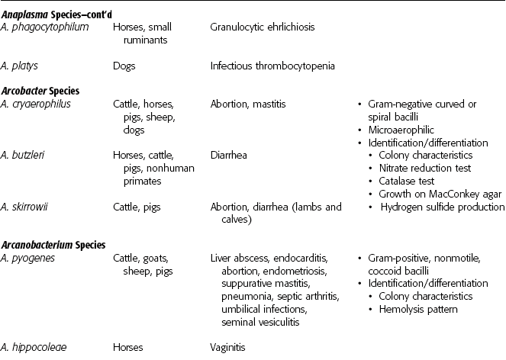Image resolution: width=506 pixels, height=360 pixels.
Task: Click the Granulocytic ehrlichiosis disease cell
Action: click(263, 27)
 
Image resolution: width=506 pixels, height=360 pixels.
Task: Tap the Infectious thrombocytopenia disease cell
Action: click(272, 66)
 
